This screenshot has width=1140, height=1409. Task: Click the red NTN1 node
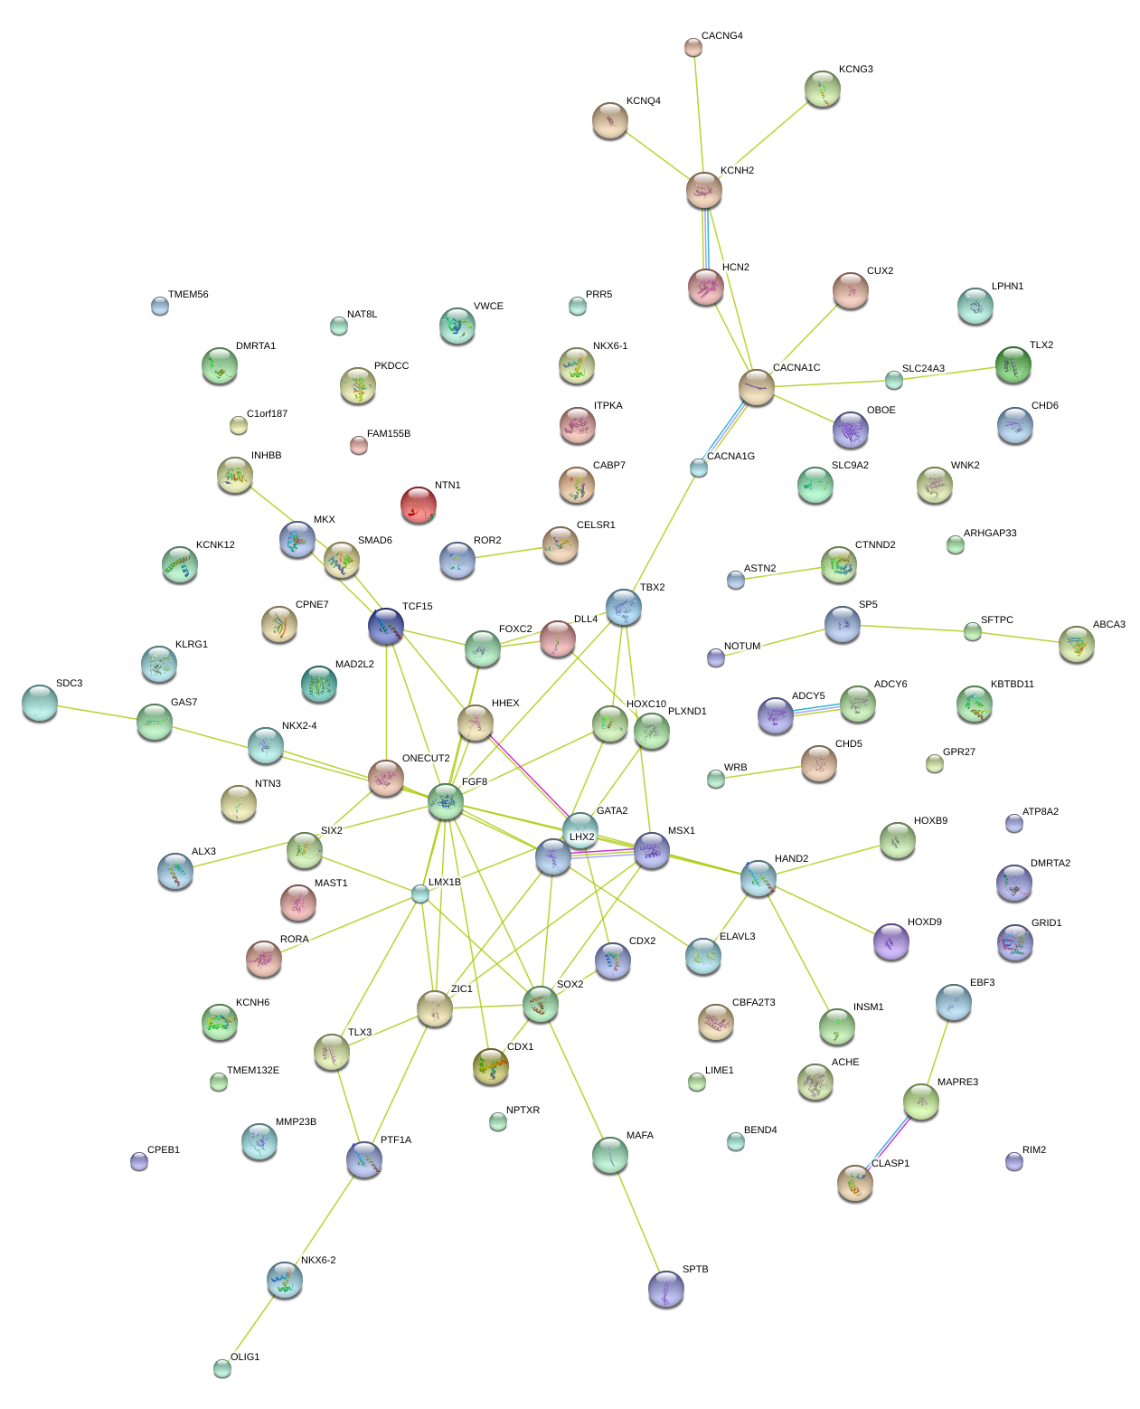pos(419,505)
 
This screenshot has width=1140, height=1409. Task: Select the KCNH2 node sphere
pos(703,190)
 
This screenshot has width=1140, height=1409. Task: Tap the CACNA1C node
pos(757,387)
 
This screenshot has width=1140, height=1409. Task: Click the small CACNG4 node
pos(693,47)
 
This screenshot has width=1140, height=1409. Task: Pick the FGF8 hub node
pos(446,801)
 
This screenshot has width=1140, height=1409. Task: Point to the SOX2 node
pos(541,1003)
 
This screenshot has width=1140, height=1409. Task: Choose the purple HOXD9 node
pos(891,941)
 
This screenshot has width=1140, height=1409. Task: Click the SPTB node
pos(666,1289)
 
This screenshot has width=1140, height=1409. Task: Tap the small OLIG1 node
pos(222,1368)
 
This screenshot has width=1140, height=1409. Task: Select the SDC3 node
pos(39,703)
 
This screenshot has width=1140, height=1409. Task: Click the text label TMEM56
pos(188,295)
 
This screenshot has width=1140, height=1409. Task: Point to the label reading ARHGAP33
pos(990,534)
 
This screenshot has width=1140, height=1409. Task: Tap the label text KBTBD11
pos(1012,685)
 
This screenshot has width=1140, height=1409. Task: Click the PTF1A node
pos(364,1158)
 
